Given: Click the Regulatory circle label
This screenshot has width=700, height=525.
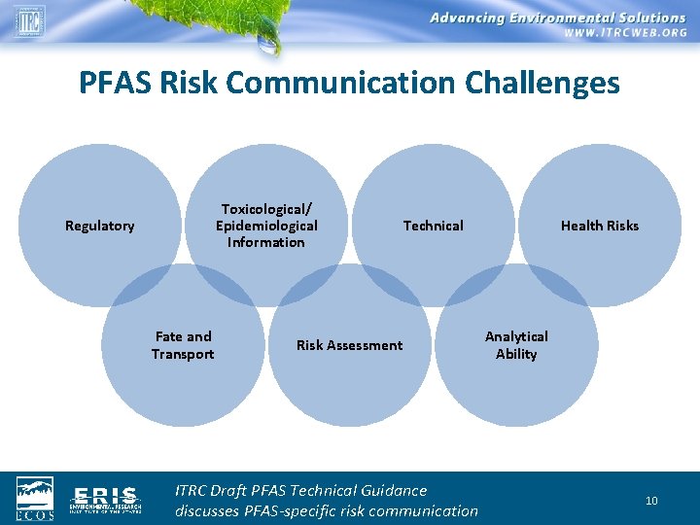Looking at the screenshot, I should pos(99,226).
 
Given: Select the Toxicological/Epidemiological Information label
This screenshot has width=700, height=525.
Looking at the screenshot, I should pos(266,226).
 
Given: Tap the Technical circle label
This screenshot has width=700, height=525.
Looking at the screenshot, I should pos(433,226).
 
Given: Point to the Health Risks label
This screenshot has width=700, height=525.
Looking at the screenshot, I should pos(600,226).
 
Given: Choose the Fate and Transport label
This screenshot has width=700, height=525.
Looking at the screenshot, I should pos(183,345).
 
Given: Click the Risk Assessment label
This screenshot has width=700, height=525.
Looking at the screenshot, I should pos(349,345).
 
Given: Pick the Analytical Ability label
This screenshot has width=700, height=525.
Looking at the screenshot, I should pos(516,345).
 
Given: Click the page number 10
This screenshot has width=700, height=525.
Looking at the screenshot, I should pos(651,501).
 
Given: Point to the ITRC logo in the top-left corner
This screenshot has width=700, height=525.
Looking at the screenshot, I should pos(29,19).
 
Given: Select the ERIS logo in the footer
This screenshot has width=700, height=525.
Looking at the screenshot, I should pos(106,499).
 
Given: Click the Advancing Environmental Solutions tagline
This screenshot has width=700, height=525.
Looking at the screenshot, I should pos(557,17).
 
